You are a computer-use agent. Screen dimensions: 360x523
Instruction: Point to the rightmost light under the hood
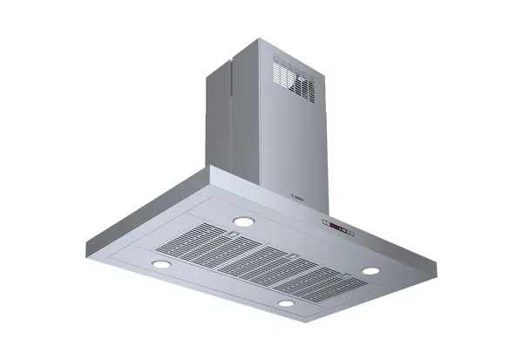coord(370,270)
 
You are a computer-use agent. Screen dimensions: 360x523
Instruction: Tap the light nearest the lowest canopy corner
coord(287,302)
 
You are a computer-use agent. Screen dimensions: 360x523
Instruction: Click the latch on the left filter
coord(233,234)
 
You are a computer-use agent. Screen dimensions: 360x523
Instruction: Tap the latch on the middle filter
coord(292,255)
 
